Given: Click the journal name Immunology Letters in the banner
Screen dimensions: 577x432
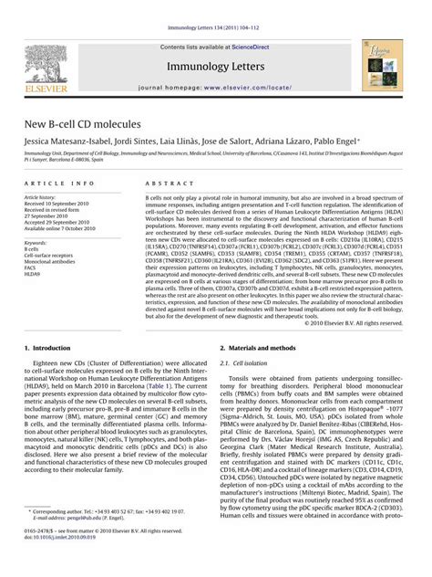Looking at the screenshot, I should click(x=215, y=67).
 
